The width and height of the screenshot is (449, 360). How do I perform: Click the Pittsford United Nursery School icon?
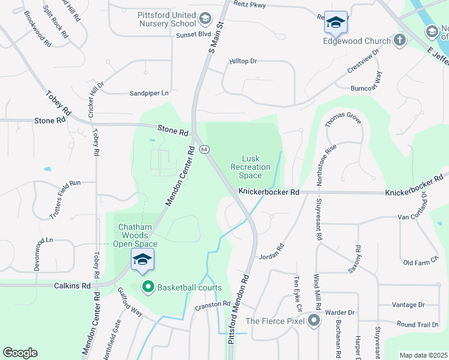pyautogui.click(x=205, y=19)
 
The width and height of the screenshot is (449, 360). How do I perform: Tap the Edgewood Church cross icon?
pyautogui.click(x=400, y=41)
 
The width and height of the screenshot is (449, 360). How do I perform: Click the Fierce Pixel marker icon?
pyautogui.click(x=313, y=320)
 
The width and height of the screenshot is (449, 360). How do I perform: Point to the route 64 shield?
pyautogui.click(x=204, y=149)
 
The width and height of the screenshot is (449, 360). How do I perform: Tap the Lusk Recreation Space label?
pyautogui.click(x=250, y=167)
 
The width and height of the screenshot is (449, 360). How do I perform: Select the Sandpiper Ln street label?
pyautogui.click(x=149, y=93)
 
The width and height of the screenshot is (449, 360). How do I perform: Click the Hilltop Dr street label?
pyautogui.click(x=243, y=61)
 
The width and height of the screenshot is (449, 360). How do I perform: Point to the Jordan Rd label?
pyautogui.click(x=271, y=251)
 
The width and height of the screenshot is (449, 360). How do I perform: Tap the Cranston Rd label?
pyautogui.click(x=212, y=304)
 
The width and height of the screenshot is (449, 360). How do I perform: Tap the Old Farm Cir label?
pyautogui.click(x=421, y=263)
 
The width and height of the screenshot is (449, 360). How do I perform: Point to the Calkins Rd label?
pyautogui.click(x=74, y=286)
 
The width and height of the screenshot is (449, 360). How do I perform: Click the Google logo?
pyautogui.click(x=20, y=353)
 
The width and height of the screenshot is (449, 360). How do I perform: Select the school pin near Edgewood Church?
pyautogui.click(x=336, y=22)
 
